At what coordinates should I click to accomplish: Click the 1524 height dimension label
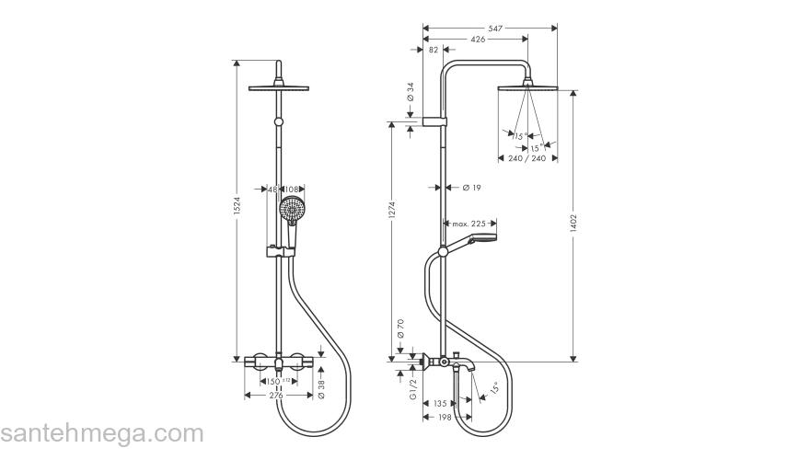(x=236, y=210)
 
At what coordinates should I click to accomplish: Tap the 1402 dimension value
(x=573, y=227)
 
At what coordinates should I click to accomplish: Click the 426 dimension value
(x=477, y=40)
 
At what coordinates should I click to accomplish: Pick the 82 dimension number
(x=434, y=51)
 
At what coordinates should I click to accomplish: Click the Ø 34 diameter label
(x=411, y=92)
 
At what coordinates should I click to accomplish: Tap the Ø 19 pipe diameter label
(x=470, y=188)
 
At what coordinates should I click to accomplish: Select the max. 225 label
(x=469, y=224)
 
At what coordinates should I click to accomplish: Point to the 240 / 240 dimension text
(x=527, y=158)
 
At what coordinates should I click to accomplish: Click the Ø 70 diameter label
(x=401, y=328)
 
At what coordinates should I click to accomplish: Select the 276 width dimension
(x=275, y=396)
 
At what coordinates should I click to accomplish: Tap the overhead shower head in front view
(x=278, y=87)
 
